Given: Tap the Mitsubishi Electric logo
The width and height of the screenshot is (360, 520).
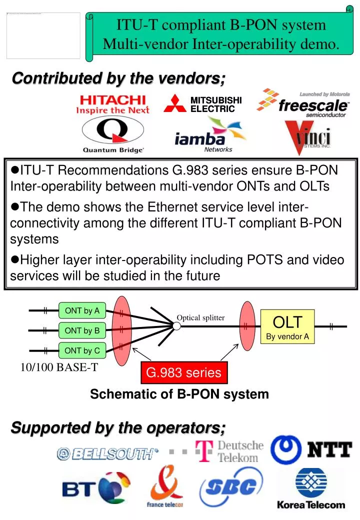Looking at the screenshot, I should pyautogui.click(x=203, y=103).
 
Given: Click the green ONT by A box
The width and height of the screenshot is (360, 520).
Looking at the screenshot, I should pyautogui.click(x=82, y=310).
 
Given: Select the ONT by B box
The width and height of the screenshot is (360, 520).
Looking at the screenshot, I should pyautogui.click(x=82, y=330).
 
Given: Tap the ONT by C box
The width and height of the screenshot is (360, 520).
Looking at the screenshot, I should pyautogui.click(x=82, y=350).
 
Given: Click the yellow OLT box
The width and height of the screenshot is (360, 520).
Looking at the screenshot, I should pyautogui.click(x=287, y=326).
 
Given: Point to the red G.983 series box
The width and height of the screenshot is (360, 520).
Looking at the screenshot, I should pyautogui.click(x=183, y=372).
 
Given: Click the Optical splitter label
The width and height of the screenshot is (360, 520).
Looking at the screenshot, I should pyautogui.click(x=200, y=317).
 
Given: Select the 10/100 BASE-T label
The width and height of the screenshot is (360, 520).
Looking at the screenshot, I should pyautogui.click(x=59, y=368).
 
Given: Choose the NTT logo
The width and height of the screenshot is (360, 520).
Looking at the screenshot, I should pyautogui.click(x=311, y=449).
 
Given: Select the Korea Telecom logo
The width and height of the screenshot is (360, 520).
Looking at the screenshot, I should pyautogui.click(x=311, y=488).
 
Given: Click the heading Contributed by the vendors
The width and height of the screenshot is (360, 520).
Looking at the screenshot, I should pyautogui.click(x=118, y=78).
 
